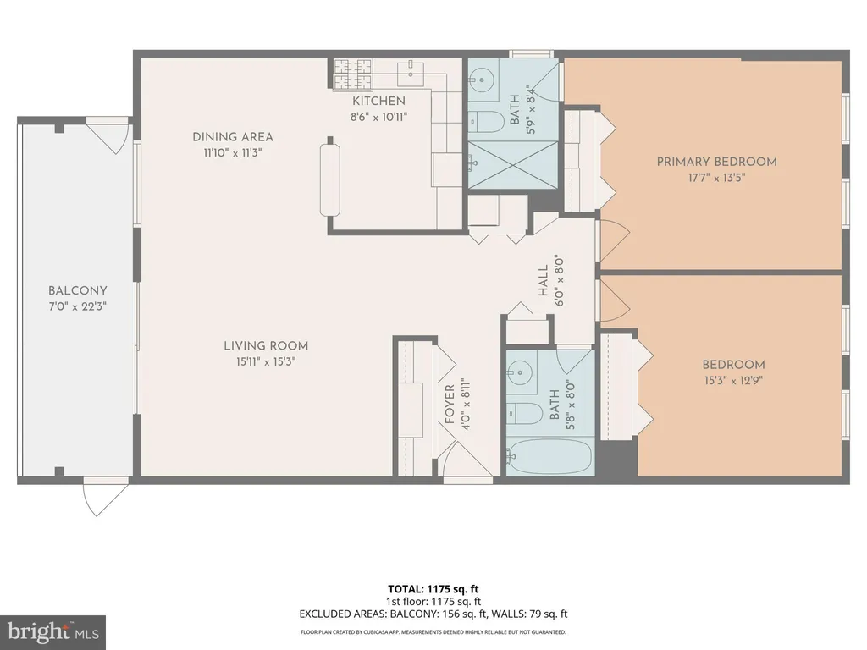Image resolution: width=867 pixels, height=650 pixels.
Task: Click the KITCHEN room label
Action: pyautogui.click(x=378, y=102)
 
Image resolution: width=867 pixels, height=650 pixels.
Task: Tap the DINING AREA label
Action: pyautogui.click(x=233, y=137)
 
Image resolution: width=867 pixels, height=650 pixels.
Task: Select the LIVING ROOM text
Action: pyautogui.click(x=266, y=346)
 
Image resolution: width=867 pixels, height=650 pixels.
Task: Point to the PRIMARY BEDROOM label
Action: pyautogui.click(x=716, y=162)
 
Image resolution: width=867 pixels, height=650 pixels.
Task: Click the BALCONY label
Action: pyautogui.click(x=77, y=291)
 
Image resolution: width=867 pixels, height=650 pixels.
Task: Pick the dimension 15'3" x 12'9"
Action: pyautogui.click(x=734, y=381)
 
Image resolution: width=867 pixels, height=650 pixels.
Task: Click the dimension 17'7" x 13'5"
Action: pyautogui.click(x=716, y=178)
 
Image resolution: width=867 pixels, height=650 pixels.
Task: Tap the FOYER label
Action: pyautogui.click(x=450, y=405)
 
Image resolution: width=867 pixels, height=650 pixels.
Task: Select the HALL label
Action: pyautogui.click(x=543, y=280)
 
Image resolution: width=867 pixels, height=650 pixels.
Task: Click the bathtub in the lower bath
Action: pyautogui.click(x=550, y=456)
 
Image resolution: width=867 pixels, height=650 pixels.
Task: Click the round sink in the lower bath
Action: pyautogui.click(x=521, y=371)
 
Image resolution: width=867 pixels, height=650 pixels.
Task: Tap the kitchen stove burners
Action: pyautogui.click(x=353, y=74)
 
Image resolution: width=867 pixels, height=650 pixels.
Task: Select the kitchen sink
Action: pyautogui.click(x=411, y=71)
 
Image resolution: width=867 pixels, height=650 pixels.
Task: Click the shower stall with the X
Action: pyautogui.click(x=513, y=164)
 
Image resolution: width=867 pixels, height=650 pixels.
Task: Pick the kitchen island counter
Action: pyautogui.click(x=330, y=180)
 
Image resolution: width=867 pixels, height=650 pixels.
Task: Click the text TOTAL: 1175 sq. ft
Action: pyautogui.click(x=433, y=589)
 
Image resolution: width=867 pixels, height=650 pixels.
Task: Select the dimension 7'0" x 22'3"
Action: pyautogui.click(x=77, y=306)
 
